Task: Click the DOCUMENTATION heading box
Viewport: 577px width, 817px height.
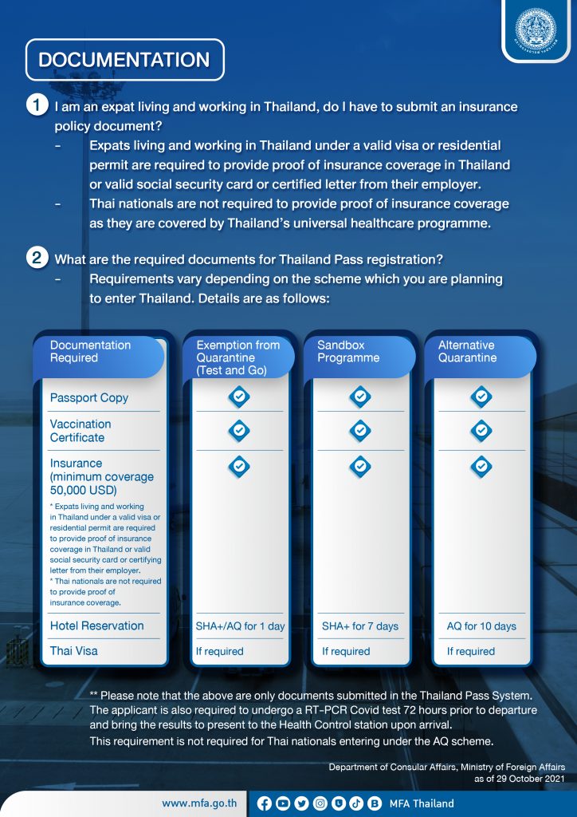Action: [x=124, y=60]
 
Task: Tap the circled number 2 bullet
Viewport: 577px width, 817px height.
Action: [x=37, y=259]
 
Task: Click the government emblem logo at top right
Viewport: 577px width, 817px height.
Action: [x=536, y=29]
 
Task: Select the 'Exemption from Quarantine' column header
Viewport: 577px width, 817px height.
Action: [x=237, y=357]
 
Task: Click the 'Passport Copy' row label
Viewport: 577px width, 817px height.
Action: [x=89, y=398]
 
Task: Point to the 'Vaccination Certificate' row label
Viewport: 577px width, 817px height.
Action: [x=80, y=431]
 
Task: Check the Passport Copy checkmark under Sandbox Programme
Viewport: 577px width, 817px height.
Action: [x=360, y=397]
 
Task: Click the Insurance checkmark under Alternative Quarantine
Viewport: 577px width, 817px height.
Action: [x=481, y=466]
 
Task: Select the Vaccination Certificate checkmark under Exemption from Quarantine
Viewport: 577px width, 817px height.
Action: [x=239, y=431]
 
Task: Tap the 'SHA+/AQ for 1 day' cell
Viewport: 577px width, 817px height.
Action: [x=240, y=626]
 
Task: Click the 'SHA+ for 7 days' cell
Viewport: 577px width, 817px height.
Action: [x=360, y=626]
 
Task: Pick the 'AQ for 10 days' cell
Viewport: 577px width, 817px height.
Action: [x=481, y=626]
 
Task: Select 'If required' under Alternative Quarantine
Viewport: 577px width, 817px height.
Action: [x=471, y=652]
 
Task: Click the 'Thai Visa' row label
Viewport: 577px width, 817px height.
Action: [x=74, y=651]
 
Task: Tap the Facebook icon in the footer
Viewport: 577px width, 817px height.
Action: [x=265, y=803]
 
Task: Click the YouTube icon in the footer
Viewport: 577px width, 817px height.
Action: [x=283, y=803]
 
